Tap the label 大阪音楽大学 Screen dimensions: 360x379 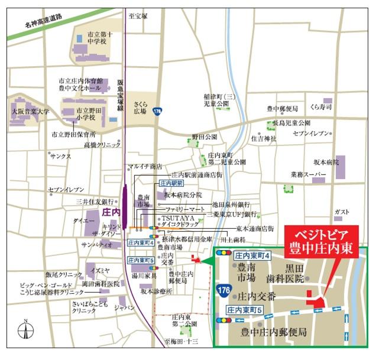click(x=30, y=111)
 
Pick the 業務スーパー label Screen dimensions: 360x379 click(x=307, y=175)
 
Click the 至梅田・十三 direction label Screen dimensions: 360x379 click(x=181, y=341)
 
